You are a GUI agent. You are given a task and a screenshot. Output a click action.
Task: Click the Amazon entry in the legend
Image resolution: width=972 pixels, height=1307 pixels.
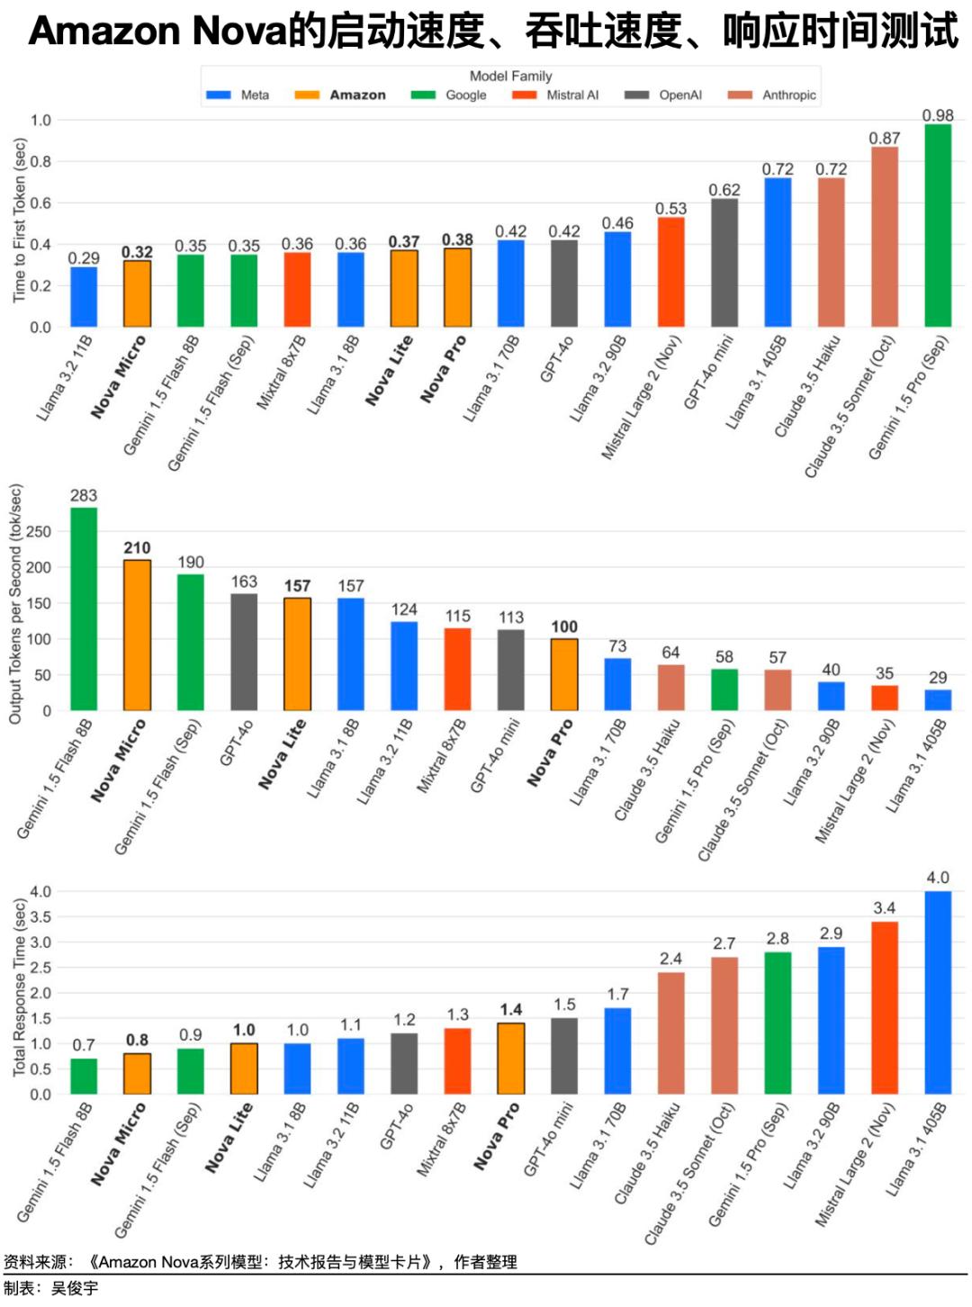(x=357, y=95)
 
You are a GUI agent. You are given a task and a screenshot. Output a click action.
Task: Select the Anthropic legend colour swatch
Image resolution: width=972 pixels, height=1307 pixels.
(x=740, y=95)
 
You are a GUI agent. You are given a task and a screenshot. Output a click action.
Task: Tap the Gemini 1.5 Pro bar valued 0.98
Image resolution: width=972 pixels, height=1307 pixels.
(x=938, y=225)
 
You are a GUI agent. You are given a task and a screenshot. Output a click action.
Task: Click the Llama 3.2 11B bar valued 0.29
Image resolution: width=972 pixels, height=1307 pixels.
(x=84, y=297)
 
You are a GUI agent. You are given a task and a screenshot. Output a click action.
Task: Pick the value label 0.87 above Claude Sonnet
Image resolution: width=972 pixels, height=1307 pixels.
(x=884, y=138)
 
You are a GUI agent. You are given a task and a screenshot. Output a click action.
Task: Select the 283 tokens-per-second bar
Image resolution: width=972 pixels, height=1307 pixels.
(x=84, y=609)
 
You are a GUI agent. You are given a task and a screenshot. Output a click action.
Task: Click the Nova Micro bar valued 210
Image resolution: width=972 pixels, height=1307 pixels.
(x=137, y=635)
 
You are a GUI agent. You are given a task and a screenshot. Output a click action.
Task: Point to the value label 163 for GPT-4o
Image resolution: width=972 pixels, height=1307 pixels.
(x=244, y=581)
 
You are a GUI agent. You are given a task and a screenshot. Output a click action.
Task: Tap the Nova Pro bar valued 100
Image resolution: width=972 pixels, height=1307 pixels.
(x=564, y=675)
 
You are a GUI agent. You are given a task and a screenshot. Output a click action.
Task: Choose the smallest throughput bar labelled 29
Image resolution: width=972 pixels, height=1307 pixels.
(x=938, y=700)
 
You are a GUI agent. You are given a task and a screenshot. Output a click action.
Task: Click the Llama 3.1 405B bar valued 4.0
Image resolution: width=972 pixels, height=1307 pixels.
(x=938, y=993)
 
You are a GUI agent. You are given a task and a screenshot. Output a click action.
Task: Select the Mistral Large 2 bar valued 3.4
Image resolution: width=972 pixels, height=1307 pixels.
(x=885, y=1008)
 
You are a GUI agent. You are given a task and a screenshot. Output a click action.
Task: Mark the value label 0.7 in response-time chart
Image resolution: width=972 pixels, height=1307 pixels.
(x=84, y=1045)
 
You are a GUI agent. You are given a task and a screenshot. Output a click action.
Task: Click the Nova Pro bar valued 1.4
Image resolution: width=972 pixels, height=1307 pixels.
(x=511, y=1059)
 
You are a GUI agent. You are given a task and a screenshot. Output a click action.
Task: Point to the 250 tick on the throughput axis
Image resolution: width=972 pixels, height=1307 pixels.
(x=39, y=532)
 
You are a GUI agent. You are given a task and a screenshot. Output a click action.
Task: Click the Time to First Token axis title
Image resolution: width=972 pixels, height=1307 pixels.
(x=19, y=221)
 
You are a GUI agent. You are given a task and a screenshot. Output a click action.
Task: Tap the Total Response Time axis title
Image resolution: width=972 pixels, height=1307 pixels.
(x=19, y=987)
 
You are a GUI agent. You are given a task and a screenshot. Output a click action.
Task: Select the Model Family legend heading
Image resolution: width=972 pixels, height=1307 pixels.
(x=510, y=76)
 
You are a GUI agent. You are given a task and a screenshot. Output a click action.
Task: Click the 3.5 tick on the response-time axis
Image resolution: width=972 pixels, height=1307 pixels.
(x=40, y=917)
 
